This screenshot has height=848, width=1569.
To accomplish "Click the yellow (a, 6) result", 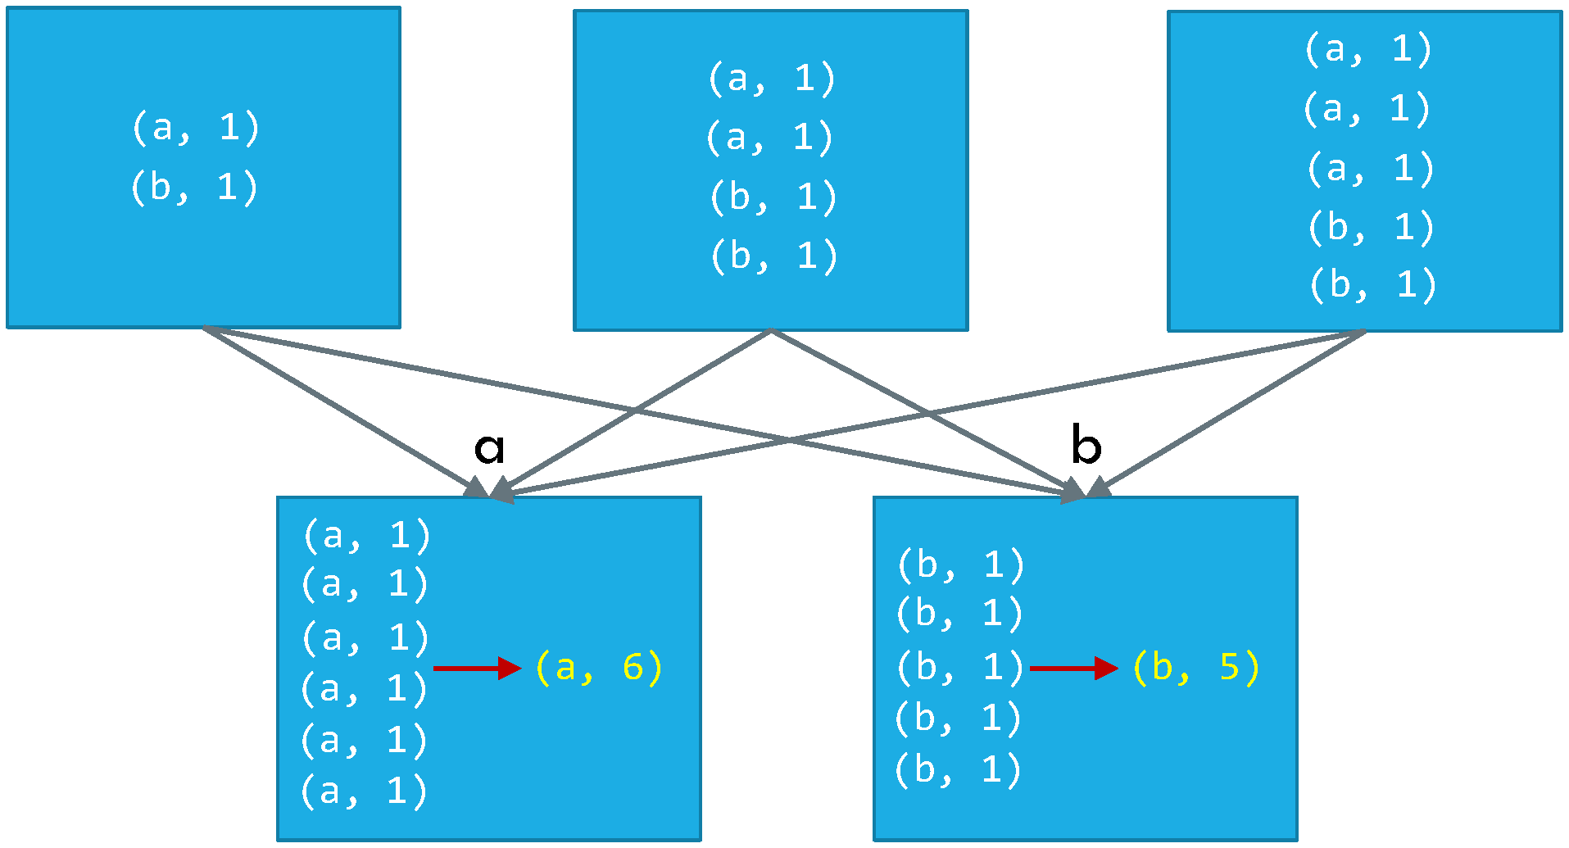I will click(598, 668).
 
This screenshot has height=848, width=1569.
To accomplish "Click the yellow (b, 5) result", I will click(1195, 668).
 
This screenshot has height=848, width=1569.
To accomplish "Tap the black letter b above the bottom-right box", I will click(1086, 446).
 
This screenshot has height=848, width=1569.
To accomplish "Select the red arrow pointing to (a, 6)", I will click(477, 668).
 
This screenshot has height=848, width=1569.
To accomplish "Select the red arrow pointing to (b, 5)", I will click(1073, 668).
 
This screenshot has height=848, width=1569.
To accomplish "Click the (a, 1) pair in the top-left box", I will click(195, 128).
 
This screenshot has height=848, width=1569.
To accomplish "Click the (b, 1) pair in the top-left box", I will click(194, 188).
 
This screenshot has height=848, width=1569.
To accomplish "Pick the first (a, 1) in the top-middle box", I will click(771, 79).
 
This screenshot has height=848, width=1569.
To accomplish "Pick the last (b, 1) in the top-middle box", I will click(773, 256).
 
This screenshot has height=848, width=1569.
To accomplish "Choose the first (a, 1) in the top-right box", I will click(1367, 49).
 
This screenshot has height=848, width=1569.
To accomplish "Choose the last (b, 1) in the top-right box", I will click(1372, 285).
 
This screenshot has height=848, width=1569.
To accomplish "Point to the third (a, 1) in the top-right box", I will click(1370, 169).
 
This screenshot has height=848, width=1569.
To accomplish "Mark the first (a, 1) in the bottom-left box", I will click(366, 536).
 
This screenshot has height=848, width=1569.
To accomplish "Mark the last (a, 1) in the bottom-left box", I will click(364, 791).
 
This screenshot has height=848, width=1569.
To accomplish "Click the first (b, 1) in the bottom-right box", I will click(960, 565).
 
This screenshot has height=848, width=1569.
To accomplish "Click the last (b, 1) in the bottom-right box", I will click(957, 770).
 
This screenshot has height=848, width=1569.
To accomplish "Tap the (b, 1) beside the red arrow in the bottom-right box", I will click(959, 668).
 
